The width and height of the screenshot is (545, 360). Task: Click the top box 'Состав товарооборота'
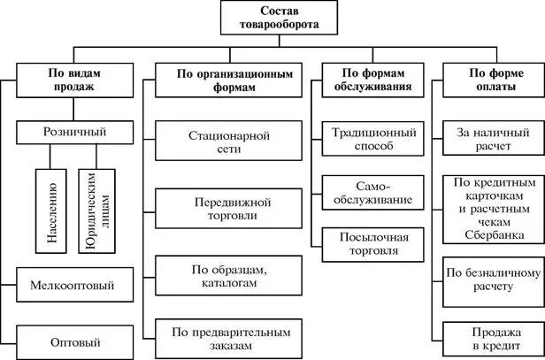pyautogui.click(x=273, y=19)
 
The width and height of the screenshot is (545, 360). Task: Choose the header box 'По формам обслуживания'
pyautogui.click(x=366, y=80)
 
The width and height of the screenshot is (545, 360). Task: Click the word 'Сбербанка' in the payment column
pyautogui.click(x=493, y=235)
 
